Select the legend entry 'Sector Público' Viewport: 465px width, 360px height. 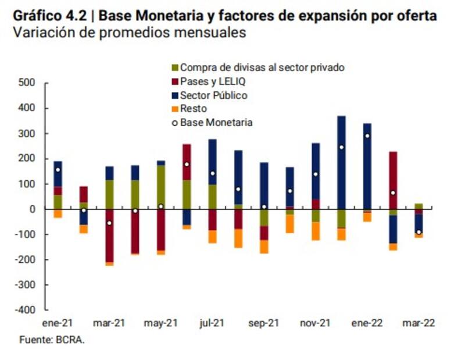pos(213,95)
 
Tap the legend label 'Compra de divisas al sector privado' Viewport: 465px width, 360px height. pos(262,67)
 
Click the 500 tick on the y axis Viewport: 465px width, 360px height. pos(28,83)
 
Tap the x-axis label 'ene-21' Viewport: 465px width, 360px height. pos(58,323)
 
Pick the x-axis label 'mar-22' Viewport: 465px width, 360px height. pos(419,323)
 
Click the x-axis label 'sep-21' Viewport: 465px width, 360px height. pos(263,323)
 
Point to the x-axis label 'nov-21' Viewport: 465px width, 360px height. pos(315,323)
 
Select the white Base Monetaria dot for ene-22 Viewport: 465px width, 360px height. pos(367,136)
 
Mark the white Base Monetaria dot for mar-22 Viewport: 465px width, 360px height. pos(419,232)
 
